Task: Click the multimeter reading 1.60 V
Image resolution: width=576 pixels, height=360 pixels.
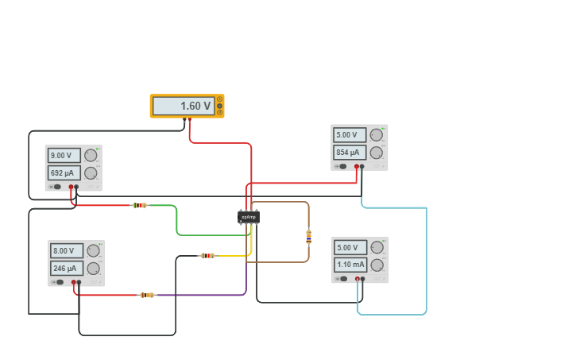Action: point(187,106)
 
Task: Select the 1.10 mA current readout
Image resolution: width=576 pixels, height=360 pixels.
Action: point(350,265)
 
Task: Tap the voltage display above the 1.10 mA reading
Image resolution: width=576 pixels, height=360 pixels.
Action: point(350,247)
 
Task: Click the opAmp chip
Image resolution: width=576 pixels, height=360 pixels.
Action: point(249,217)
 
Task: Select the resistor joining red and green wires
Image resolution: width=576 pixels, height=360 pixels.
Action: point(140,205)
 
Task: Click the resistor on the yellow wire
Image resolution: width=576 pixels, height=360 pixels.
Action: point(207,256)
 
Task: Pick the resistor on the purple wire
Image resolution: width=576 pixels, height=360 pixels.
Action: point(147,295)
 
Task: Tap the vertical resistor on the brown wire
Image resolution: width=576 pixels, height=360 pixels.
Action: point(308,236)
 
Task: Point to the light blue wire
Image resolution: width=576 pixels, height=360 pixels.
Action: point(426,262)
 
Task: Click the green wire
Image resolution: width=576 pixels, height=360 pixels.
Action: point(176,223)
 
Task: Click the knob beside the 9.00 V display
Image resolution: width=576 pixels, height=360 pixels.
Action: point(91,156)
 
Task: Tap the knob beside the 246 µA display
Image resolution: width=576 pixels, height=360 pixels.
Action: point(93,269)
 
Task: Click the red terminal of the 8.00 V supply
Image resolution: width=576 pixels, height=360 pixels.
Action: point(74,281)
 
